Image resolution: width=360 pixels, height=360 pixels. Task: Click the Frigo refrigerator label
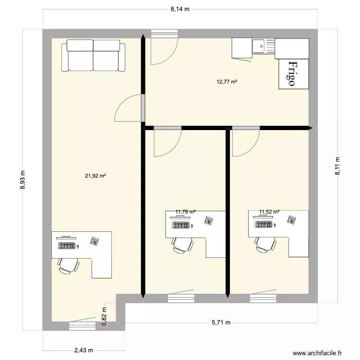tap(292, 73)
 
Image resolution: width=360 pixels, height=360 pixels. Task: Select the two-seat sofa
tap(93, 55)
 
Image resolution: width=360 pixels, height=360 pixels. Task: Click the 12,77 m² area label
tap(227, 82)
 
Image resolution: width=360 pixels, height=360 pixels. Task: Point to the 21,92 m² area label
tap(96, 176)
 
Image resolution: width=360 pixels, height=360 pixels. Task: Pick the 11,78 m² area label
tap(185, 211)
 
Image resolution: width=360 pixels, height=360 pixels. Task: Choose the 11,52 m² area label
tap(269, 211)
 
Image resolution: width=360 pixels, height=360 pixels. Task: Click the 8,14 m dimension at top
tap(180, 9)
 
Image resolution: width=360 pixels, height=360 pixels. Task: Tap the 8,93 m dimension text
tap(22, 180)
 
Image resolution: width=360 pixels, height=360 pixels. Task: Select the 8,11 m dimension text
tap(337, 166)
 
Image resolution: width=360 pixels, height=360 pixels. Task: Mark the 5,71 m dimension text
tap(221, 323)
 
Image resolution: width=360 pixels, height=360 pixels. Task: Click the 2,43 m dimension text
tap(84, 350)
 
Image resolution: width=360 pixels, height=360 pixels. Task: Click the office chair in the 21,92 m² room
tap(68, 264)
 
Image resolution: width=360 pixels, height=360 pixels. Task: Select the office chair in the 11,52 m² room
tap(264, 244)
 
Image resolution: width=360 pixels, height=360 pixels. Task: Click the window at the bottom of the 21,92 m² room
tap(83, 326)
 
